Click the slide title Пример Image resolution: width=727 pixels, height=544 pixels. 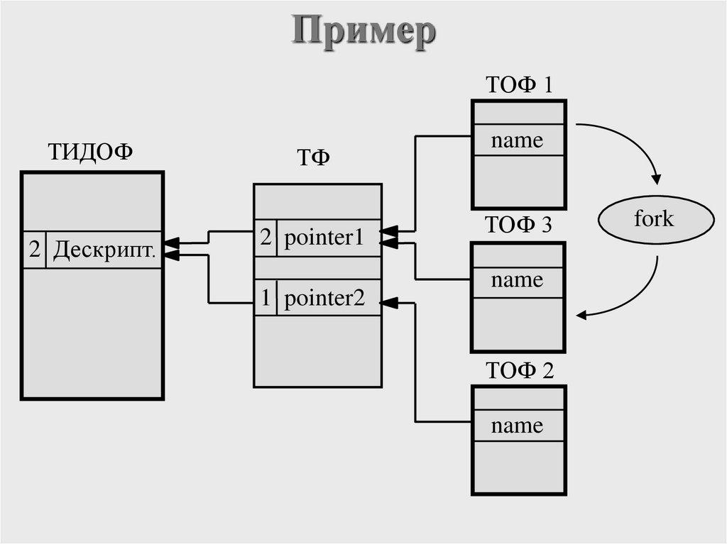coord(363,32)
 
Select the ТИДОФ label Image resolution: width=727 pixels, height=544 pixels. coord(89,152)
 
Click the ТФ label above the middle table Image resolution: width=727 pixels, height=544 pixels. coord(312,158)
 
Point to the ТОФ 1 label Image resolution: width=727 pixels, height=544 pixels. coord(518,85)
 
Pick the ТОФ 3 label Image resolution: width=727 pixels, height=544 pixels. coord(518,225)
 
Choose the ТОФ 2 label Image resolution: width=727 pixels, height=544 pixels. coord(518,370)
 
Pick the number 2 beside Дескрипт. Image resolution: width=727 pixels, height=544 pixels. coord(35,250)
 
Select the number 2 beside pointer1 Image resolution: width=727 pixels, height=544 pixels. coord(266,238)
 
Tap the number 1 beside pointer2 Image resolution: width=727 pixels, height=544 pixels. coord(266,299)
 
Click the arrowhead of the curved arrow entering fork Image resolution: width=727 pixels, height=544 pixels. coord(657,178)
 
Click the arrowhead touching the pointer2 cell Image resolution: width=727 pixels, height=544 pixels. coord(388,304)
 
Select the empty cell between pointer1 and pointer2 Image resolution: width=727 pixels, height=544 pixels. coord(317,268)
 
